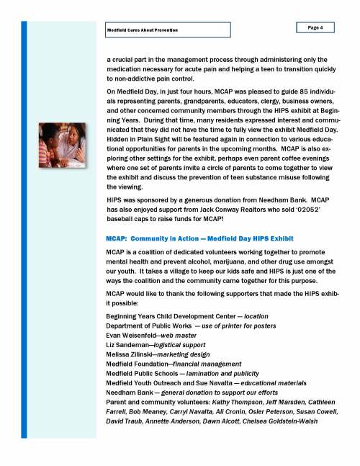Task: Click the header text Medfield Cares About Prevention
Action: click(x=142, y=30)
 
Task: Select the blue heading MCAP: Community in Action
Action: click(x=188, y=238)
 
